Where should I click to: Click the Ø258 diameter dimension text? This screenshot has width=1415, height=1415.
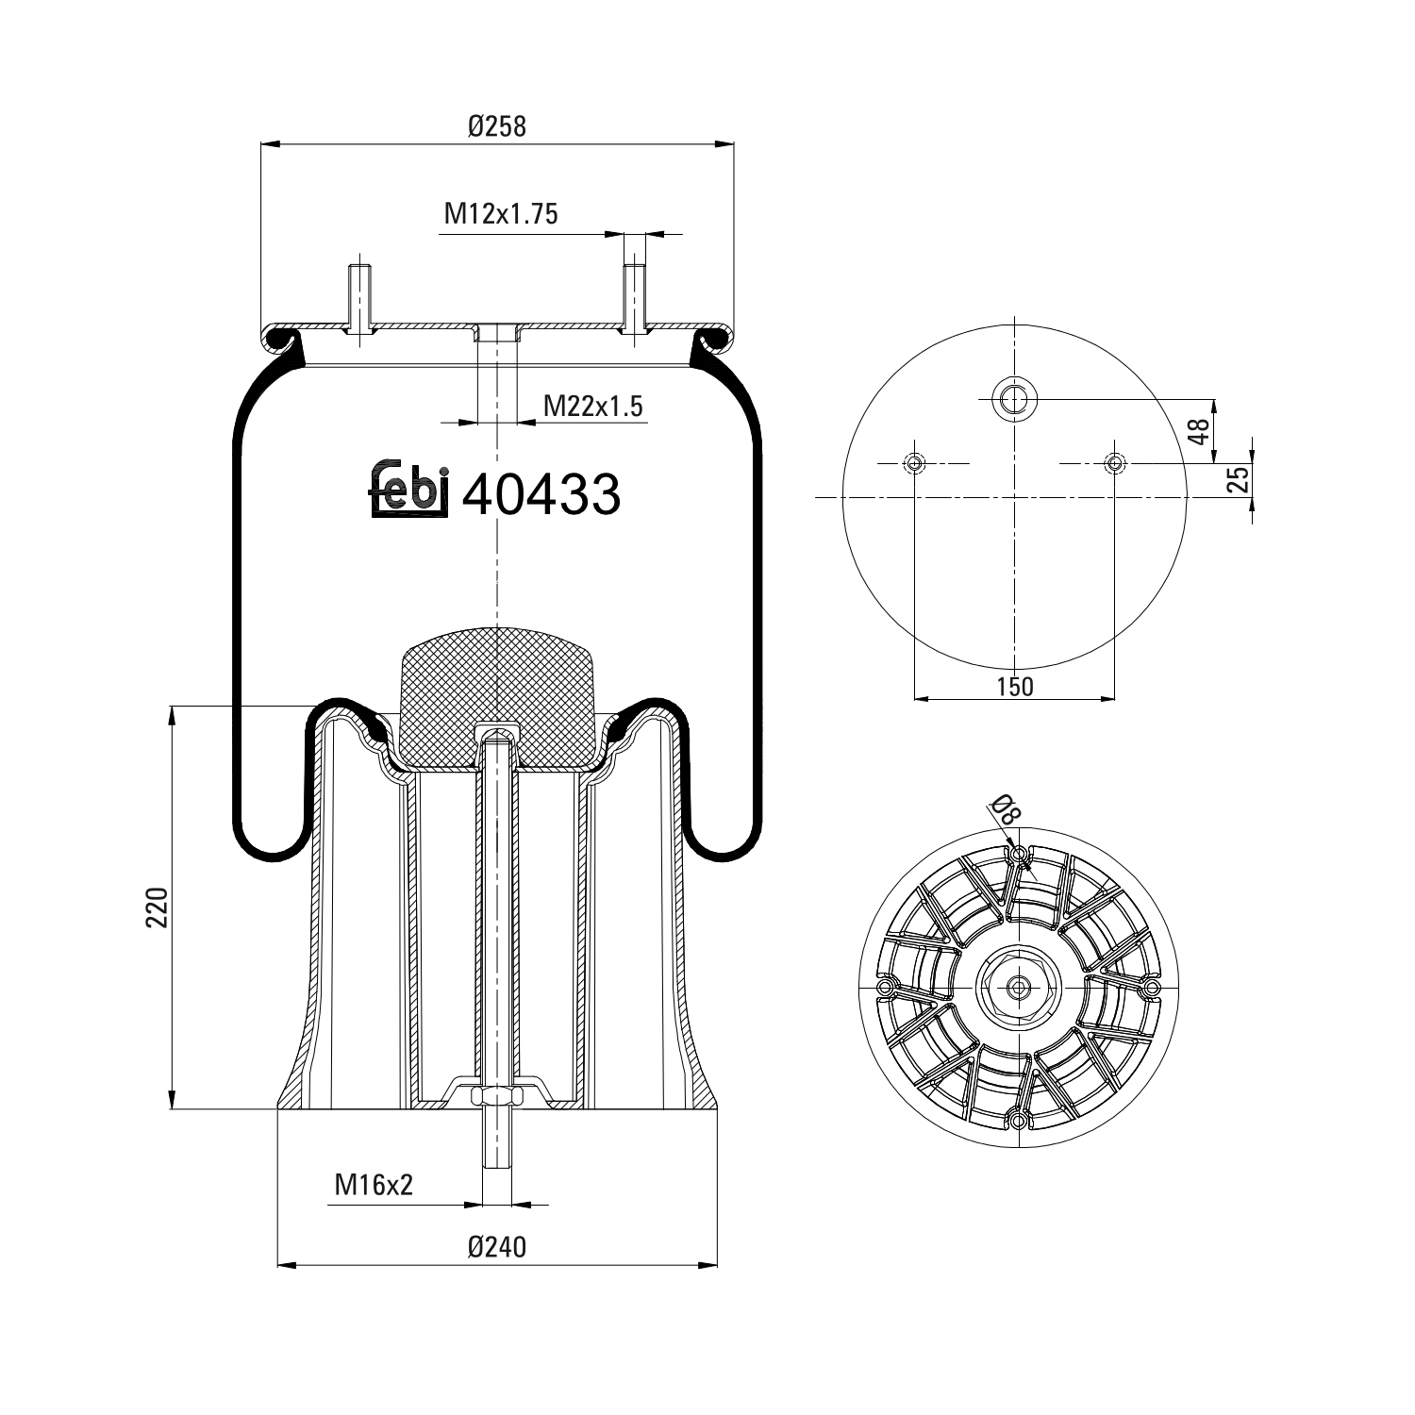coord(496,125)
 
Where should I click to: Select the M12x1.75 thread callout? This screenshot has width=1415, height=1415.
coord(501,214)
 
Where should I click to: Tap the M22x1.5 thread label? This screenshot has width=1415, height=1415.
coord(592,406)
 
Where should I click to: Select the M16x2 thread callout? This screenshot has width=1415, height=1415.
coord(375,1185)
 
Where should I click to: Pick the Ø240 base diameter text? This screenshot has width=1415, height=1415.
coord(496,1247)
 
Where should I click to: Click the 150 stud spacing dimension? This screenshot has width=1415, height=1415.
coord(1015,686)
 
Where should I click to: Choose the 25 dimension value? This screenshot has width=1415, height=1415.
coord(1240,479)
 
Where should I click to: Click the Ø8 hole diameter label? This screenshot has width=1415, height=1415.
coord(1003,809)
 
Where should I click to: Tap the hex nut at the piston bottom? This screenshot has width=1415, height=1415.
coord(496,1096)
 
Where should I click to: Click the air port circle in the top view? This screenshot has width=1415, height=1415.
coord(1014,400)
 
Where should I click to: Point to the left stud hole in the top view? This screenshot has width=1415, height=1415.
coord(914,463)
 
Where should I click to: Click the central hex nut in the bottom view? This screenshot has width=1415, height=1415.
coord(1018,988)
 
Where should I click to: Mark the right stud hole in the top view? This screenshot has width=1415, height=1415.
coord(1114,463)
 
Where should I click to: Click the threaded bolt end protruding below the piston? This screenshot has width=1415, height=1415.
coord(496,1141)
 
